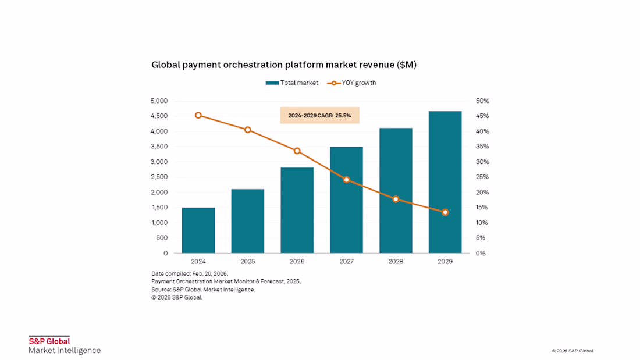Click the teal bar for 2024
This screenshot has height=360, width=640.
(x=198, y=231)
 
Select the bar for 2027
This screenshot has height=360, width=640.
(x=347, y=200)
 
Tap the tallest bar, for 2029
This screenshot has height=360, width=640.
(x=445, y=182)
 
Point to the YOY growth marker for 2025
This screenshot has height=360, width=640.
(x=248, y=130)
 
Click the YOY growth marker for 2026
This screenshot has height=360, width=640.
(x=297, y=151)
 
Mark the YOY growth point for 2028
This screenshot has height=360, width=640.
(x=396, y=199)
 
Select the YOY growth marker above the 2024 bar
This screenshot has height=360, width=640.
(x=198, y=116)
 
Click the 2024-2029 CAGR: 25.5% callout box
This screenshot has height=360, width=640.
(x=319, y=116)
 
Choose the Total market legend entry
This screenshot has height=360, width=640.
(x=292, y=83)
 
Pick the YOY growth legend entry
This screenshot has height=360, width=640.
(x=351, y=83)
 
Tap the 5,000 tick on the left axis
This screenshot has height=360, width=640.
(x=159, y=101)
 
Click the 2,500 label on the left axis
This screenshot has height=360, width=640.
(x=159, y=177)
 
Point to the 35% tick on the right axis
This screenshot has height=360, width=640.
(x=482, y=147)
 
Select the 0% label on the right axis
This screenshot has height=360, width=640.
(x=481, y=254)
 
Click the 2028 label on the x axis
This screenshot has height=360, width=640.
(x=396, y=262)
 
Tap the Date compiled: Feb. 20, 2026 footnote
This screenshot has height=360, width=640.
(x=190, y=273)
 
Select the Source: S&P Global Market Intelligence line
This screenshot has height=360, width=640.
(x=203, y=290)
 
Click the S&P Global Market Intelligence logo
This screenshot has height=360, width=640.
(x=65, y=345)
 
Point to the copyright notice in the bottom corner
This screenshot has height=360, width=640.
(x=573, y=351)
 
